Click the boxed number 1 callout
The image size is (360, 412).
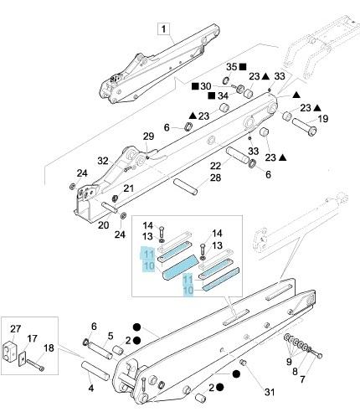[163, 29]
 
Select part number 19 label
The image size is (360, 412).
[323, 119]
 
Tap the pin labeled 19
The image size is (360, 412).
[304, 126]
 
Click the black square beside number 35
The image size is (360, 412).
[243, 67]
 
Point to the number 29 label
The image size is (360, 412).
[148, 136]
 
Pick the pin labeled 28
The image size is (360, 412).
[186, 187]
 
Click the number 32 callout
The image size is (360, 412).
[103, 161]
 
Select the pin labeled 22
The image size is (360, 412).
[237, 155]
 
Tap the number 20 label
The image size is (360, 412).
[103, 224]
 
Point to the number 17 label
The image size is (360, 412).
[32, 338]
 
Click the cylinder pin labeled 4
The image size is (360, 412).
[95, 370]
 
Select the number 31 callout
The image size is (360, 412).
[270, 392]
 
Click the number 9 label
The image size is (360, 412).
[289, 362]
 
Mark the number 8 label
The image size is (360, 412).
[295, 371]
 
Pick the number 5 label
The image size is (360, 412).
[111, 336]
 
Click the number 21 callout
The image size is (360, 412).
[128, 188]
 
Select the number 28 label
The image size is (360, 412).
[215, 178]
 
